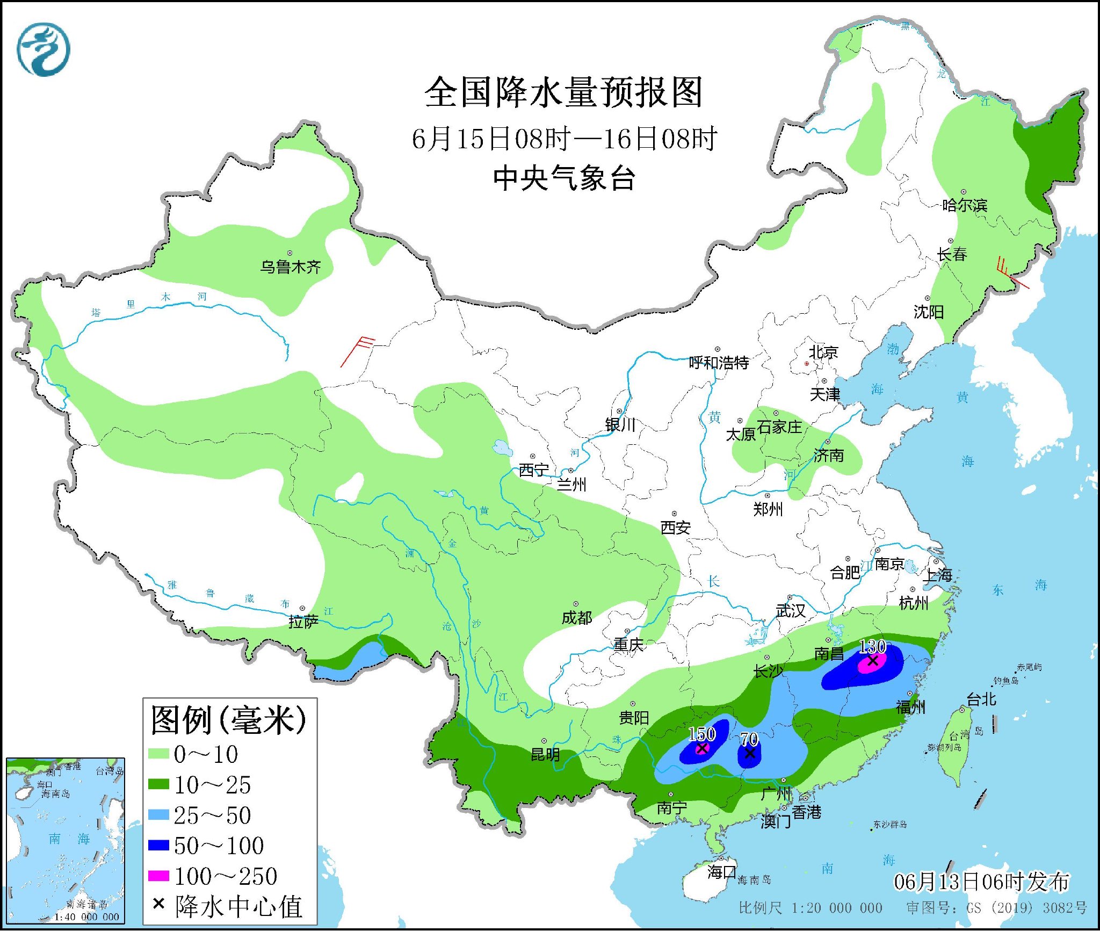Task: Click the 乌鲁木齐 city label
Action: pos(290,267)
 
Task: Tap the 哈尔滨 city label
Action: pos(965,205)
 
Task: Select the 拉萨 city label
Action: pos(303,622)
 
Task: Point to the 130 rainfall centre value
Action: pos(872,647)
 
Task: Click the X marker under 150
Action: pos(701,748)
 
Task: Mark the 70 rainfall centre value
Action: pos(749,739)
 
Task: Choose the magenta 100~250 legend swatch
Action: pos(158,876)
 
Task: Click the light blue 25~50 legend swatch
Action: pos(158,815)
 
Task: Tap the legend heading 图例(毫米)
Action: pos(228,720)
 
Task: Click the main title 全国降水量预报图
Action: pos(563,92)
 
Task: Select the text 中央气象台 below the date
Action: pos(564,178)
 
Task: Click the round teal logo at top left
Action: pos(43,49)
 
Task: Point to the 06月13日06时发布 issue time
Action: pos(981,882)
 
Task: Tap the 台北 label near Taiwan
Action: pos(981,699)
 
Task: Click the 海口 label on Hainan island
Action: pos(721,872)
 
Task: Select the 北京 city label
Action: pos(823,352)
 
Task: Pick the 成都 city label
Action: pos(577,618)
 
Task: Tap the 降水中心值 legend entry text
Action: pos(238,906)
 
